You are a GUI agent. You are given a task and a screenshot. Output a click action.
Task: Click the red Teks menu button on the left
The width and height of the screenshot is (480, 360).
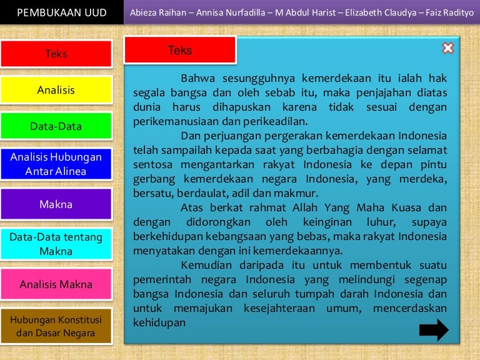coord(56,54)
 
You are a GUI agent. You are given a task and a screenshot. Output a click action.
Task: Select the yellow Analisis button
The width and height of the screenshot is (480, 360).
coord(56,90)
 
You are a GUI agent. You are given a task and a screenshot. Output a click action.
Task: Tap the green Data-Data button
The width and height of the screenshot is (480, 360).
coord(56,126)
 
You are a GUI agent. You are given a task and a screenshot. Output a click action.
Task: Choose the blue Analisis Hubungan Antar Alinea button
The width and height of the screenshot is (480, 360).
coord(56,164)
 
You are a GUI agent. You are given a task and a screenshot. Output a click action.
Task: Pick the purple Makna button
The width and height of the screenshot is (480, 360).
coord(56,204)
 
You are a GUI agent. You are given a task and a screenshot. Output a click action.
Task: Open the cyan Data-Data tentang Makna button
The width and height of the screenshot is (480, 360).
coord(56,244)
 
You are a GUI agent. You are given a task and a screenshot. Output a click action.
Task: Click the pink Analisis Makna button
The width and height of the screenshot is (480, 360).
coord(56,284)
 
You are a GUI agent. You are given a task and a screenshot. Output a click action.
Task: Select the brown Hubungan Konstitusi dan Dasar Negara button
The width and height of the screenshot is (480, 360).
coord(56,326)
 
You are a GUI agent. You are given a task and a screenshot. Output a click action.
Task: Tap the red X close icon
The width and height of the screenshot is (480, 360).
coord(447,48)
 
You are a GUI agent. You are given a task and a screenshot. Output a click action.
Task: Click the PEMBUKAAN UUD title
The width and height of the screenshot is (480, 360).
coord(62,13)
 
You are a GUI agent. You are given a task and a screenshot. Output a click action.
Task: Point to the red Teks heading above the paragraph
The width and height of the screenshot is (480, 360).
coord(180,51)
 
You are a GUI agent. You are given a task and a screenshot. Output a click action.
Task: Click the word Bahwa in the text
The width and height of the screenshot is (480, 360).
coord(195,79)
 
